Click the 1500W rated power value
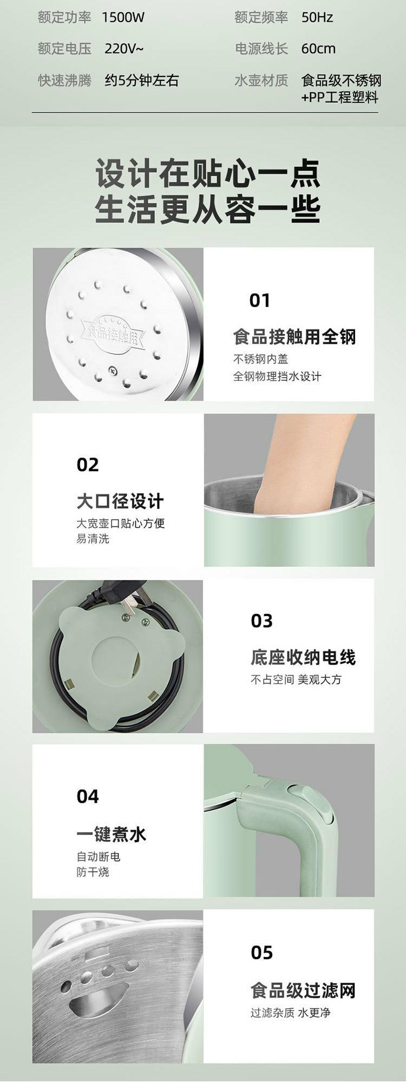[123, 18]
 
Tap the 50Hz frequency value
[317, 18]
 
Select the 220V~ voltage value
[124, 49]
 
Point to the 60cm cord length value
[318, 49]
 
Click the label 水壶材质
[261, 81]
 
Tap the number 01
[259, 300]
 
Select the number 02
[88, 465]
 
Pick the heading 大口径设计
[120, 501]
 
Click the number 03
[261, 621]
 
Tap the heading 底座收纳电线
[303, 657]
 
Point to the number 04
[88, 797]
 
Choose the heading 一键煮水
[111, 834]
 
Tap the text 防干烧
[93, 872]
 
